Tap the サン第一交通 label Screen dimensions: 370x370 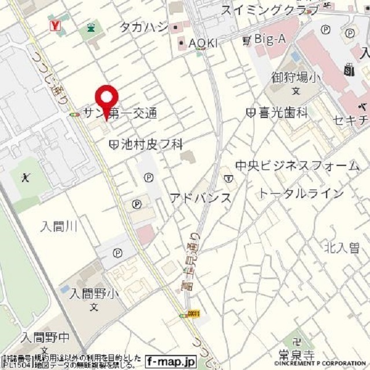coord(120,113)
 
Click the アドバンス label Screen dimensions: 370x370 coord(200,198)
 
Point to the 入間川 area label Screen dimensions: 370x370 coord(59,226)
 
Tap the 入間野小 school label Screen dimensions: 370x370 coord(94,294)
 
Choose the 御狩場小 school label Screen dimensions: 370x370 coord(295,77)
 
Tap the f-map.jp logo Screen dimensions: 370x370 coord(171,362)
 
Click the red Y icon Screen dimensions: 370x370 coord(56,25)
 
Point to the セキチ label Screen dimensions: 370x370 coord(349,120)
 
